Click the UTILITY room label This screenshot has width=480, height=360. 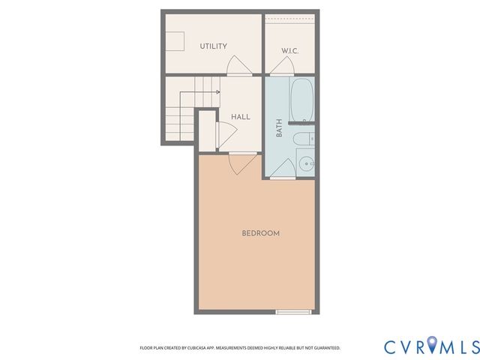pyautogui.click(x=213, y=46)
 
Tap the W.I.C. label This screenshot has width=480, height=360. pyautogui.click(x=290, y=51)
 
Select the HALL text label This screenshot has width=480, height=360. pyautogui.click(x=240, y=117)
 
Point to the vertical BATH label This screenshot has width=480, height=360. pyautogui.click(x=279, y=128)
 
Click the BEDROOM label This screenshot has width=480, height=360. pyautogui.click(x=260, y=233)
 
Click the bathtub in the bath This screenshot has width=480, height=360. pyautogui.click(x=302, y=102)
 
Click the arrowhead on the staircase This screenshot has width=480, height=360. pyautogui.click(x=217, y=91)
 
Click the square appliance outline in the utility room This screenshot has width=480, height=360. pyautogui.click(x=177, y=41)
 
